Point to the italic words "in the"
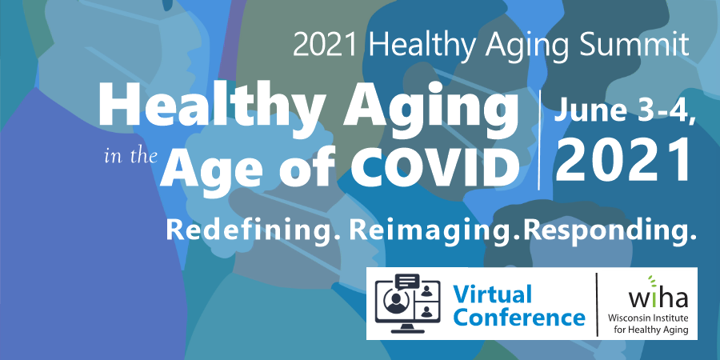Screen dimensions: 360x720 pyautogui.click(x=130, y=157)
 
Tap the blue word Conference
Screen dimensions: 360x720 pyautogui.click(x=518, y=318)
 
